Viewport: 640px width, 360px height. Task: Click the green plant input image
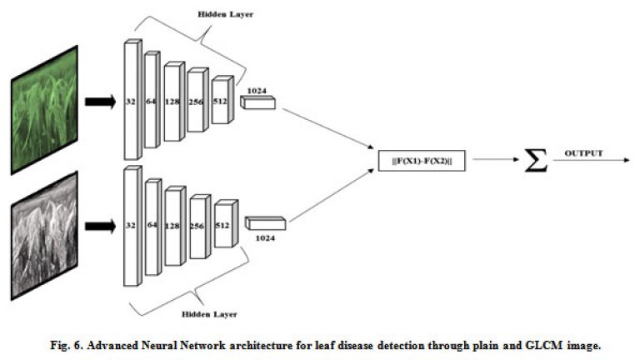[x=44, y=110]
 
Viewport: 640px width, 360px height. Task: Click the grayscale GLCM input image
[x=44, y=236]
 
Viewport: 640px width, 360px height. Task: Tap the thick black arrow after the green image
[x=100, y=102]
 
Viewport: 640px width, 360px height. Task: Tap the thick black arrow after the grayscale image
[x=100, y=226]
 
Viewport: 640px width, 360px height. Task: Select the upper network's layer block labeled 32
[x=133, y=99]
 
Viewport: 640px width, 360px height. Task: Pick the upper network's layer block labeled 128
[x=174, y=101]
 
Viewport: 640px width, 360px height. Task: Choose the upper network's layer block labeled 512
[x=222, y=100]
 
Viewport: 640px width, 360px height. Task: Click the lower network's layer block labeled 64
[x=153, y=227]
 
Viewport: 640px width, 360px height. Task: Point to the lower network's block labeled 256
[x=200, y=226]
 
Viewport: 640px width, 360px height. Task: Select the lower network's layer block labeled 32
[x=133, y=226]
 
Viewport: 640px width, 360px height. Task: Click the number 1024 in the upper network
[x=257, y=91]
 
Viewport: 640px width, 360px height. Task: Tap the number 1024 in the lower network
[x=265, y=238]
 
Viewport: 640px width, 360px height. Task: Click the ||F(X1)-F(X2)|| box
[x=422, y=161]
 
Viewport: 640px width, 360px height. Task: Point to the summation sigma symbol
[x=536, y=160]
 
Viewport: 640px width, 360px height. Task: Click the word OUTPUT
[x=583, y=153]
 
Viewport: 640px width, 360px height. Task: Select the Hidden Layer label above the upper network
[x=225, y=14]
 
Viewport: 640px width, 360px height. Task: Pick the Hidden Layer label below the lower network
[x=209, y=314]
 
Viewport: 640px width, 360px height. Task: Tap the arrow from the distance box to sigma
[x=496, y=160]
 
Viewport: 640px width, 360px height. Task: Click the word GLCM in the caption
[x=543, y=345]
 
